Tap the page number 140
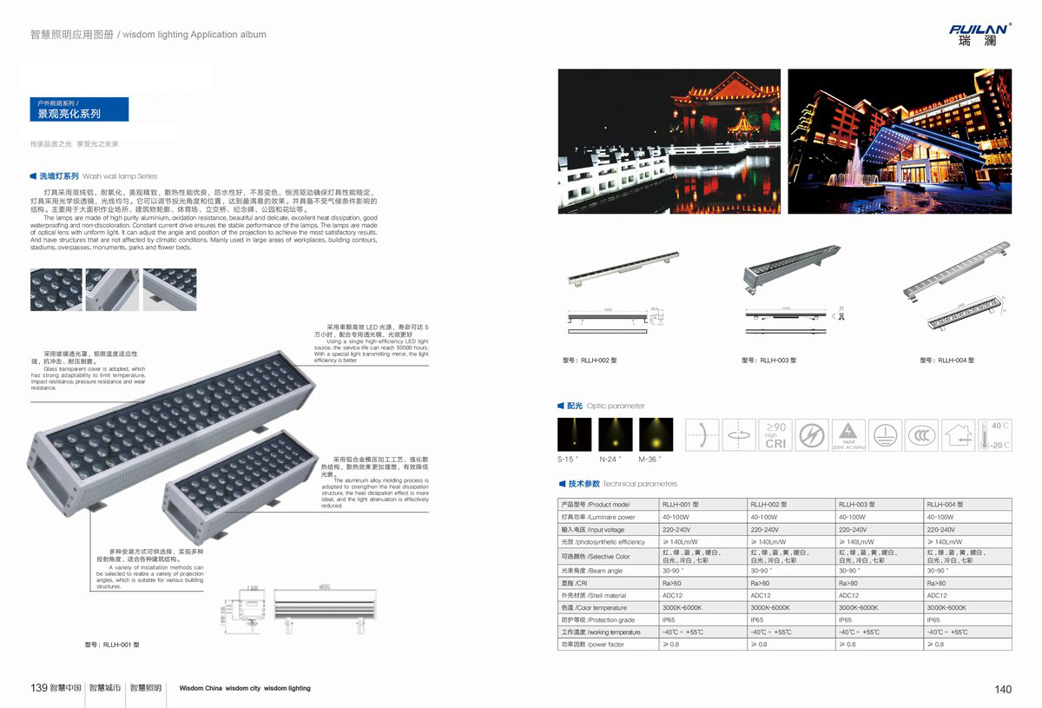(1003, 690)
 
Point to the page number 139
(38, 688)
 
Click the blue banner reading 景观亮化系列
(79, 109)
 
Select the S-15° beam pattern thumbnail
(574, 434)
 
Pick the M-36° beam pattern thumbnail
(656, 434)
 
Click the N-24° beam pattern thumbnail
(615, 434)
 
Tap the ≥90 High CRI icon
(775, 434)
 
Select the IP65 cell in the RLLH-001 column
(669, 620)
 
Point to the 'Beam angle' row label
(592, 571)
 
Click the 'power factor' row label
(593, 645)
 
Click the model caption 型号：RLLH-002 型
(590, 360)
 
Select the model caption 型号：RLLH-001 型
(112, 645)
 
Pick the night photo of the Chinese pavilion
(669, 142)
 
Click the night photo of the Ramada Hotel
(900, 142)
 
